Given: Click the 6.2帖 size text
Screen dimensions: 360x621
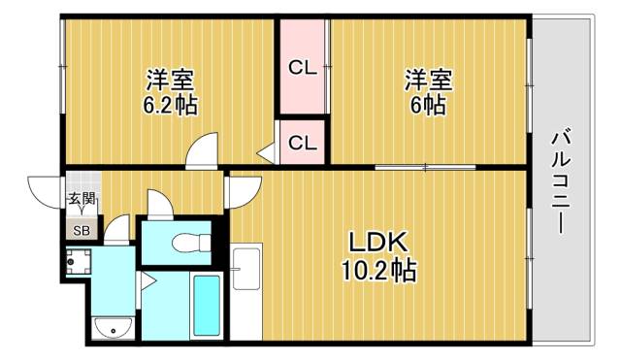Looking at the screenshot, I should click(x=170, y=105).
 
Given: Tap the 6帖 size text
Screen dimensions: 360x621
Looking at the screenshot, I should click(x=427, y=105).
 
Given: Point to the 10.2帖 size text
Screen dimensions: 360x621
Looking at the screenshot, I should click(x=379, y=272).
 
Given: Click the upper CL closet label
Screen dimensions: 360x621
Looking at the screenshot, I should click(x=302, y=68).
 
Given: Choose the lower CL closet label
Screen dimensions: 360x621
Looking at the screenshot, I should click(x=302, y=143).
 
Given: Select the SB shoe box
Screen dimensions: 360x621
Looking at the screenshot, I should click(x=81, y=230).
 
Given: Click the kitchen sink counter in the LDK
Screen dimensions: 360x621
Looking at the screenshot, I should click(x=246, y=291).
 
